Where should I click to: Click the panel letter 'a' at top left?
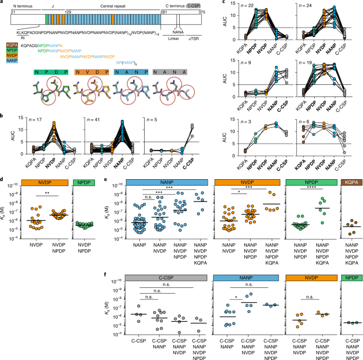(3, 4)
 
